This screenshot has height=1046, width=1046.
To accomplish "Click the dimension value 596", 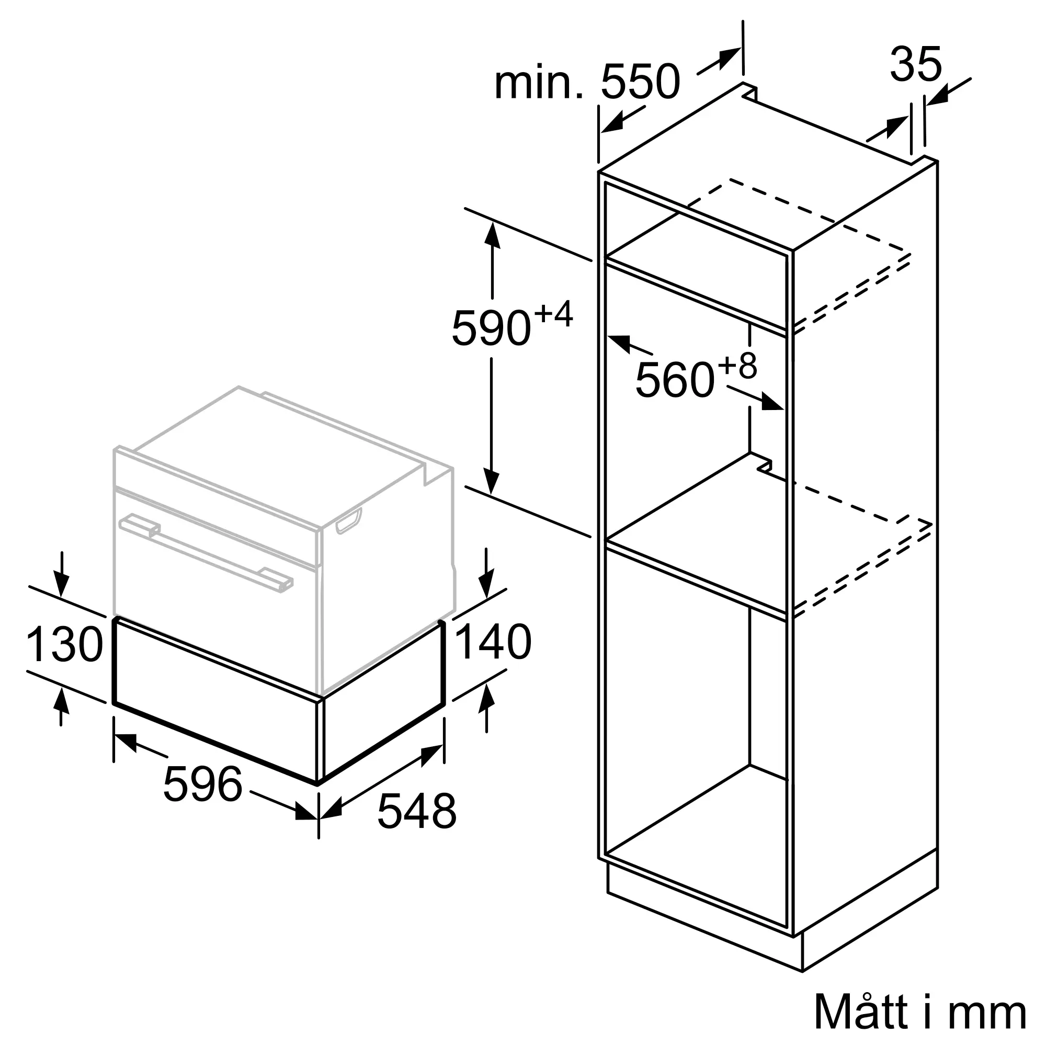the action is [202, 783].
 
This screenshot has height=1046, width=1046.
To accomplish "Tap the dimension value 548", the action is [417, 826].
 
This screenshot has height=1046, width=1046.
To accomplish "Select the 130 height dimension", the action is [64, 644].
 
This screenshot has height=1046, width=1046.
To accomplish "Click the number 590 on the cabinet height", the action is [491, 327].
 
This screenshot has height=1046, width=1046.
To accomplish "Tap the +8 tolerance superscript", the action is [737, 367].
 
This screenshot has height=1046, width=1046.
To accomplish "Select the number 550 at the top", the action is [640, 81].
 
